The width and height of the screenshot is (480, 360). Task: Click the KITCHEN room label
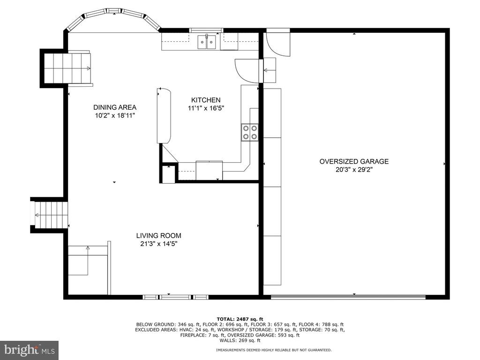pyautogui.click(x=206, y=100)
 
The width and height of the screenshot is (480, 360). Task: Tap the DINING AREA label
pyautogui.click(x=115, y=107)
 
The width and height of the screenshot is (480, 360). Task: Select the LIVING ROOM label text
pyautogui.click(x=158, y=236)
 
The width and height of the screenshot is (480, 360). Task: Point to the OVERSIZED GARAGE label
pyautogui.click(x=354, y=162)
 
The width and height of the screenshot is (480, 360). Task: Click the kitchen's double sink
pyautogui.click(x=207, y=42)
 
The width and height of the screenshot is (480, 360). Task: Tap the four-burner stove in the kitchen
pyautogui.click(x=249, y=132)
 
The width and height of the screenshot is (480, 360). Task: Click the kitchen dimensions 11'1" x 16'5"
pyautogui.click(x=206, y=108)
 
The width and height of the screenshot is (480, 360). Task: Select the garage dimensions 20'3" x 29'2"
pyautogui.click(x=354, y=170)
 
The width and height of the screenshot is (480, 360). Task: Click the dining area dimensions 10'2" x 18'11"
pyautogui.click(x=115, y=115)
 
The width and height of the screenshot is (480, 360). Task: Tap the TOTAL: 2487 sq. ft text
pyautogui.click(x=240, y=319)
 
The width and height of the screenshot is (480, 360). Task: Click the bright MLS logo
pyautogui.click(x=30, y=350)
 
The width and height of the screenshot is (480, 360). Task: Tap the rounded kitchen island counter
pyautogui.click(x=164, y=116)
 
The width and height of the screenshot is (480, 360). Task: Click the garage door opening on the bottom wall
pyautogui.click(x=348, y=297)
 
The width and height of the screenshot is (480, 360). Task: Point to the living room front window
pyautogui.click(x=176, y=297)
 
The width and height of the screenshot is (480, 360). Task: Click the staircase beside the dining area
pyautogui.click(x=67, y=68)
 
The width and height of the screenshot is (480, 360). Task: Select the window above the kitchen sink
pyautogui.click(x=206, y=30)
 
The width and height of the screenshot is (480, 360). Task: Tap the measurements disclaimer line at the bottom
pyautogui.click(x=274, y=350)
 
